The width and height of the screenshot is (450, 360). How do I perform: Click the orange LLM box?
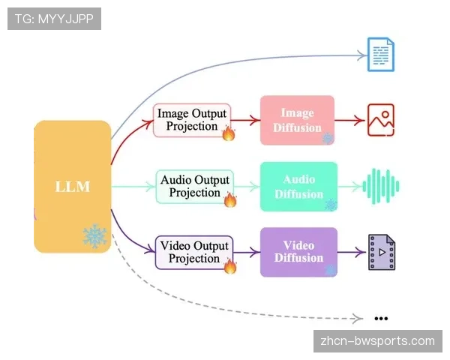coord(72,186)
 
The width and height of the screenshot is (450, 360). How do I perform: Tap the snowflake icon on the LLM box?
coord(94,236)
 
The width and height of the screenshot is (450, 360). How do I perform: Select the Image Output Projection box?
coord(192,120)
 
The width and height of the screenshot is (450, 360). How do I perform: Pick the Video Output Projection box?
coord(194,252)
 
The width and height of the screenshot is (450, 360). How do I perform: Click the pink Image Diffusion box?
coord(297,119)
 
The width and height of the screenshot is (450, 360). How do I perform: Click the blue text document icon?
coord(380,54)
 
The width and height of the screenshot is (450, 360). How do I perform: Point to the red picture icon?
coord(380,120)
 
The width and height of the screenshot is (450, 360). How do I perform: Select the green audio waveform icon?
coord(381,186)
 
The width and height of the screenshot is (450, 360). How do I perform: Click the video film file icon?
coord(380,253)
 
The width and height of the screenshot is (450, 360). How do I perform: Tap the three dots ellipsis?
coord(380,317)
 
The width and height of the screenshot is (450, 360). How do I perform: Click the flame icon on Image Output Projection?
coord(229,133)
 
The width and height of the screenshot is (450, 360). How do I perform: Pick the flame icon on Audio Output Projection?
coord(230,199)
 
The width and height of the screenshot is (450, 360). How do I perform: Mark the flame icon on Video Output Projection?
coord(229,266)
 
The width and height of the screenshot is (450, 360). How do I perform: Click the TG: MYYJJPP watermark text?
coord(54,19)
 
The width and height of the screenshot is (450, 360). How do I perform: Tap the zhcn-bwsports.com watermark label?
coord(377,341)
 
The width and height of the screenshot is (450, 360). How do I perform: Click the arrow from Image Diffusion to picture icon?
coord(348,119)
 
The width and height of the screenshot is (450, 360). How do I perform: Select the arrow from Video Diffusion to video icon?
coord(349,253)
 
